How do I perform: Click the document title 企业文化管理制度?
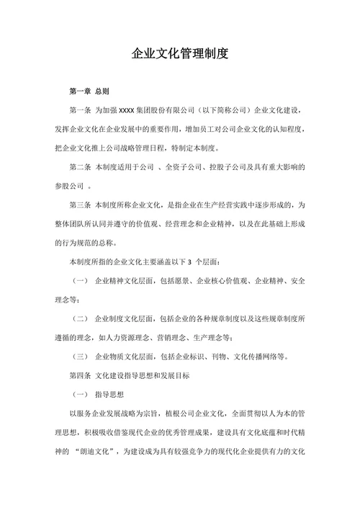click(180, 54)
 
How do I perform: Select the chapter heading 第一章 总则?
click(89, 92)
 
